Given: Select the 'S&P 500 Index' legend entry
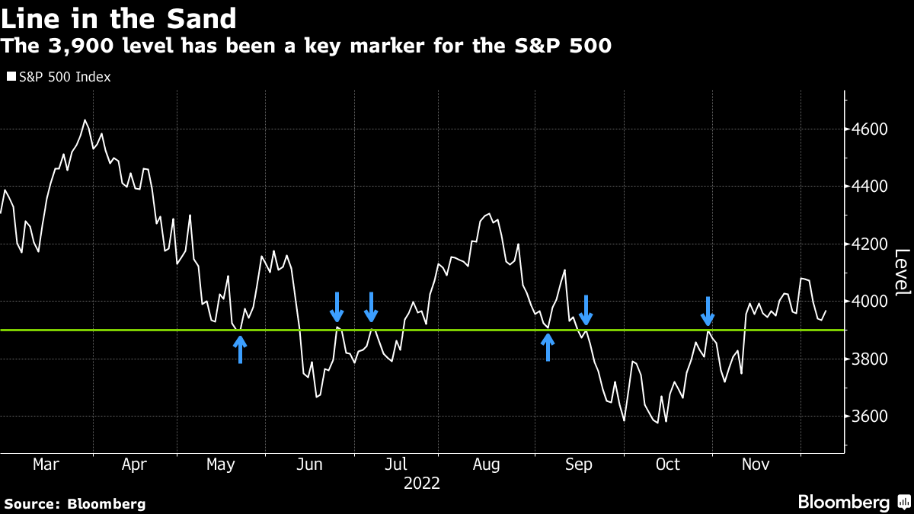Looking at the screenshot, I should [59, 77].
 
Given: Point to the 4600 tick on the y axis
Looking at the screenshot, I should [870, 129].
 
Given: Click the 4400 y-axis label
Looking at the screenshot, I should [870, 187].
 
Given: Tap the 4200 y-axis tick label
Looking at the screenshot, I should [870, 244].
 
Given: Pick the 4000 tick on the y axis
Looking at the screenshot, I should [870, 302].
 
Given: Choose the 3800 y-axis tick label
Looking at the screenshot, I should [870, 359].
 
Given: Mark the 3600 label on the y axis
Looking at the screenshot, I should [870, 417].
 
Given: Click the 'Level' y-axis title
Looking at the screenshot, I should [901, 273].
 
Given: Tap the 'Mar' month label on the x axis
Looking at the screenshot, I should [46, 464].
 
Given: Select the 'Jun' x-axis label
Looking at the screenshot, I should [308, 464].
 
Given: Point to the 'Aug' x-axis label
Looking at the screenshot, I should [485, 464].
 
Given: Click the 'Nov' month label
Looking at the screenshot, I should [755, 464].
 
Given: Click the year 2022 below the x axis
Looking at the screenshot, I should [421, 483].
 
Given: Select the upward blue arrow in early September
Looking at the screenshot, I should [548, 347].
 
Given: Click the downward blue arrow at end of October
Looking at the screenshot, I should [708, 311].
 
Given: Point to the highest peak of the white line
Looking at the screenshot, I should [85, 120].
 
